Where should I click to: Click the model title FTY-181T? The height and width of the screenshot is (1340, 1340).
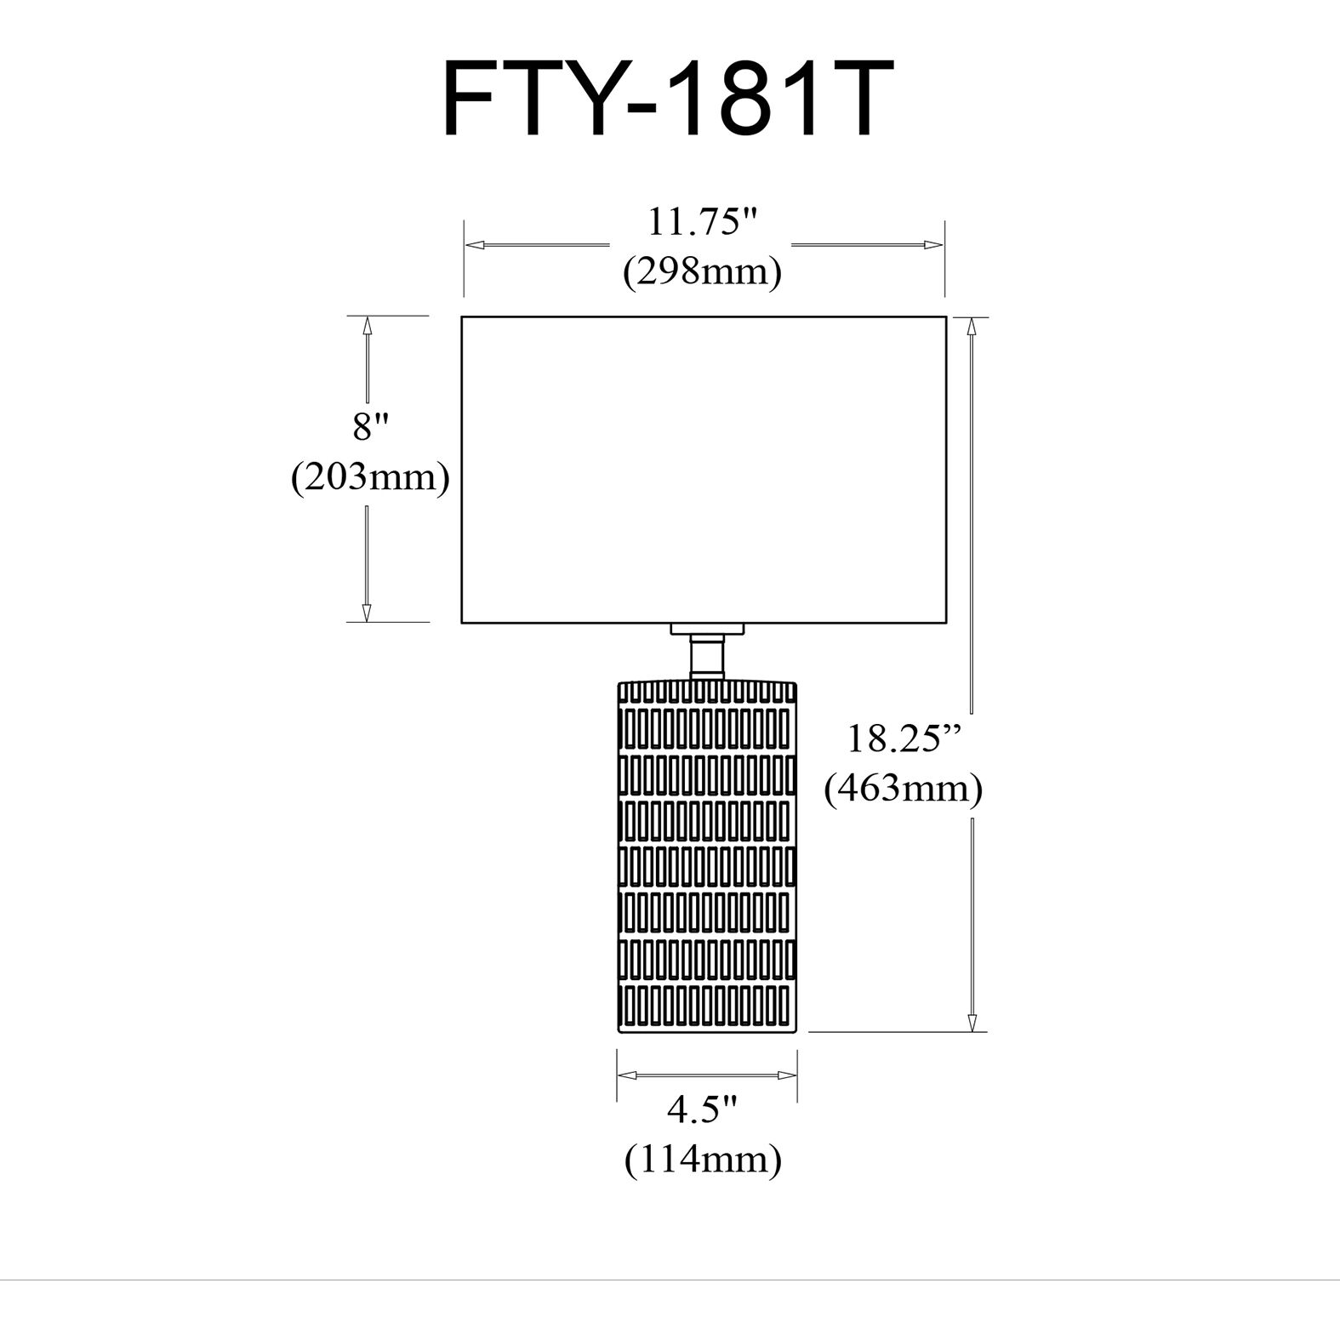669,99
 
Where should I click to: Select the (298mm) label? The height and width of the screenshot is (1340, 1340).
703,273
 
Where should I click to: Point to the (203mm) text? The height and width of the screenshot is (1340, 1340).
370,477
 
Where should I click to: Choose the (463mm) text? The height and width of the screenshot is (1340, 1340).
904,790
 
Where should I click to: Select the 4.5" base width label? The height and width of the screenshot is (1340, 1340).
702,1109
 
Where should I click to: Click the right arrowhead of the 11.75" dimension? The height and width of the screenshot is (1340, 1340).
934,245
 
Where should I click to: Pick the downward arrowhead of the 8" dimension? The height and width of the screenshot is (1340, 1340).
367,612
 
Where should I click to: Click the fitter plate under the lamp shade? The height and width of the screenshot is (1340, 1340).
706,629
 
